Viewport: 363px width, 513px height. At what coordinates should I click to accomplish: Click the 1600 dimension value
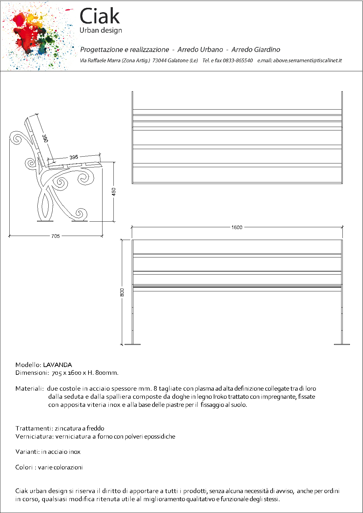pyautogui.click(x=237, y=227)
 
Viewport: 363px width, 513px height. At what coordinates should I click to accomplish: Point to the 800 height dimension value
pyautogui.click(x=122, y=292)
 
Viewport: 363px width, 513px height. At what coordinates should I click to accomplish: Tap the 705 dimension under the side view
pyautogui.click(x=55, y=236)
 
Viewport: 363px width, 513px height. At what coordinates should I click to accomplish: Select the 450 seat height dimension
pyautogui.click(x=114, y=191)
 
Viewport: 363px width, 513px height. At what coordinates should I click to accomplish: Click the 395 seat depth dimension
pyautogui.click(x=74, y=157)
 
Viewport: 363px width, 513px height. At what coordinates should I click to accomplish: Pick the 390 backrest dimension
pyautogui.click(x=45, y=139)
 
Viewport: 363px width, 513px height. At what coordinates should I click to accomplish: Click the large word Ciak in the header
pyautogui.click(x=100, y=16)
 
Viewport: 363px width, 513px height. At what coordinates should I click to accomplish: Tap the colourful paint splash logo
pyautogui.click(x=36, y=36)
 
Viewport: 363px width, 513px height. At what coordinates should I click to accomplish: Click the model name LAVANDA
pyautogui.click(x=57, y=365)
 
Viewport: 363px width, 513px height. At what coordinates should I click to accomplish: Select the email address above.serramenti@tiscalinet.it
pyautogui.click(x=308, y=60)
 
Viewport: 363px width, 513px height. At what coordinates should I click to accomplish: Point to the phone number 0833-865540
pyautogui.click(x=238, y=60)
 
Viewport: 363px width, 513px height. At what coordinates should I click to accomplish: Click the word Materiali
pyautogui.click(x=29, y=388)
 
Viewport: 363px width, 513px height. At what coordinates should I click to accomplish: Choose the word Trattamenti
pyautogui.click(x=34, y=428)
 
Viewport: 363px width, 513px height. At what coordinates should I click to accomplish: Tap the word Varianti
pyautogui.click(x=27, y=452)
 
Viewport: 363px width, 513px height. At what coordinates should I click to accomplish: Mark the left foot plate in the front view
pyautogui.click(x=132, y=344)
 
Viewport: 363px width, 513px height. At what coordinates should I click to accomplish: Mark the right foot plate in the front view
pyautogui.click(x=342, y=344)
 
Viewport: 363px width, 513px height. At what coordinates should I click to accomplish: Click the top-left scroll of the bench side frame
pyautogui.click(x=16, y=138)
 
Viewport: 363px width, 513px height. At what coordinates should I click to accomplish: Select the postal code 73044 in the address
pyautogui.click(x=159, y=60)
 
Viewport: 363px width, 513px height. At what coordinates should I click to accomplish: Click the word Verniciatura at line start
pyautogui.click(x=35, y=436)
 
